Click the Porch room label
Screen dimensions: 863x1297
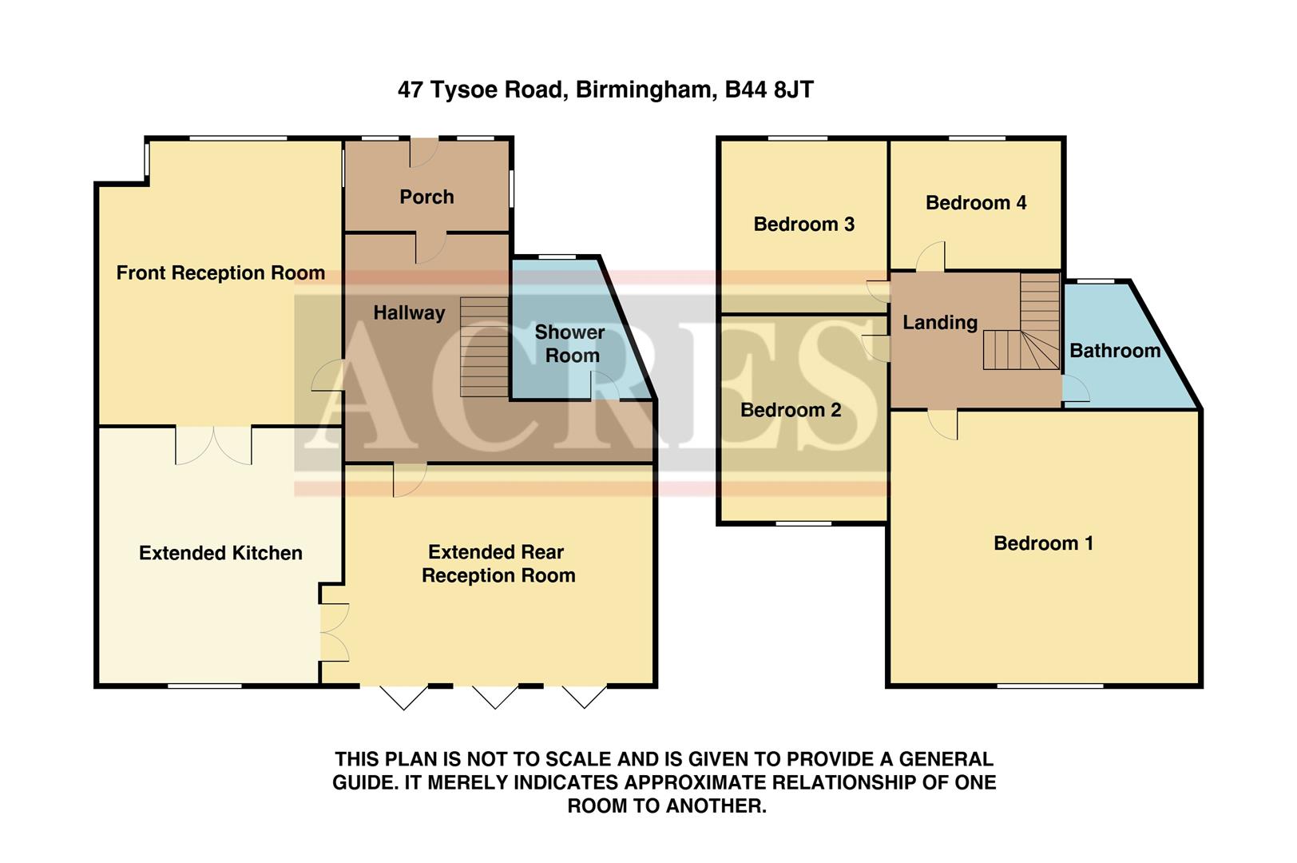pos(426,197)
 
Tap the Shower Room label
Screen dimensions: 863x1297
pos(570,344)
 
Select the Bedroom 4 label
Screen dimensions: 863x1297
pos(975,203)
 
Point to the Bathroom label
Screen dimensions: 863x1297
pos(1114,351)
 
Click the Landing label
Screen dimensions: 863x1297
pos(939,323)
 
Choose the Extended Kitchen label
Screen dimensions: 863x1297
pos(220,553)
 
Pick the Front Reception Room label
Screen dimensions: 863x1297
pos(220,273)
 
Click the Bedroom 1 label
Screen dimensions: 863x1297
pos(1043,543)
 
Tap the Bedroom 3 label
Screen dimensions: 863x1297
pos(803,225)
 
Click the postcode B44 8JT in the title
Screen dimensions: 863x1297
pos(769,89)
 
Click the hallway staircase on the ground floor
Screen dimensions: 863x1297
pos(484,347)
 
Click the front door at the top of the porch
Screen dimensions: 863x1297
pos(423,152)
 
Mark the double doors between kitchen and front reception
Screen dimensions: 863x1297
pos(213,444)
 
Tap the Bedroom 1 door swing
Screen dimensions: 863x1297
pos(943,424)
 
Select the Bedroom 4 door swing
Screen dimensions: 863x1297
pos(931,257)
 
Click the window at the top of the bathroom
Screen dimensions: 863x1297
pos(1097,281)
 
